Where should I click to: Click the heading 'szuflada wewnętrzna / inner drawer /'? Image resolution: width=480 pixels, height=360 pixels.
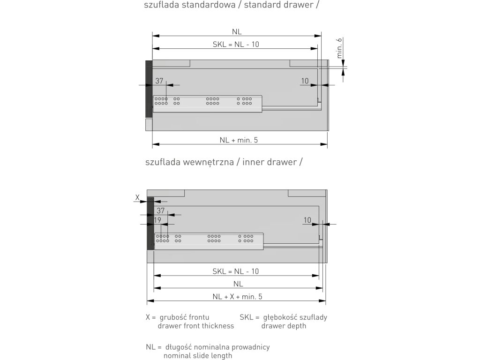(224, 162)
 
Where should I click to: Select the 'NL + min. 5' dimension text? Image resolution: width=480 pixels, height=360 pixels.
(238, 140)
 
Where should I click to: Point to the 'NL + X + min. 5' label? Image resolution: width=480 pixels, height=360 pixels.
(237, 296)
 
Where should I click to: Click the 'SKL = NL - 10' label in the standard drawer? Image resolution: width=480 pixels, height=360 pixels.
(236, 45)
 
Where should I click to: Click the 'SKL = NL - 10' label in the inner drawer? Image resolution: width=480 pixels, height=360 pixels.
(236, 271)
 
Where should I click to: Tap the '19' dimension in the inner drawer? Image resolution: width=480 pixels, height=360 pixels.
(157, 219)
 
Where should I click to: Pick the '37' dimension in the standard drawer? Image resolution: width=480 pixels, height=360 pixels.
(159, 81)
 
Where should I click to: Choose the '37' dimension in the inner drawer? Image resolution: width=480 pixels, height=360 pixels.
(161, 210)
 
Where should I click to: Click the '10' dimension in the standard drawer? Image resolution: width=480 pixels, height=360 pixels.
(305, 81)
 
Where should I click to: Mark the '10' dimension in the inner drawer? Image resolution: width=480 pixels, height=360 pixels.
(307, 219)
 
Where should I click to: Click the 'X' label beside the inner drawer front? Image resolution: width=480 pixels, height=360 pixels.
(137, 198)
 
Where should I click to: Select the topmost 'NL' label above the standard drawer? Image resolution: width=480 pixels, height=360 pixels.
(237, 31)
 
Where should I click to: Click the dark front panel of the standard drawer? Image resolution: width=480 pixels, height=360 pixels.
(149, 89)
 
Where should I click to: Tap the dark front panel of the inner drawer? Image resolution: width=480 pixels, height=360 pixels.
(150, 223)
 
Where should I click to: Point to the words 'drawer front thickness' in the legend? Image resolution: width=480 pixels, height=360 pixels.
(196, 326)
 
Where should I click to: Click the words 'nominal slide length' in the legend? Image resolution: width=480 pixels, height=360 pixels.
(198, 356)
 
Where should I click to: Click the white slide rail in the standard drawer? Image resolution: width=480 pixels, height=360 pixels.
(207, 103)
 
